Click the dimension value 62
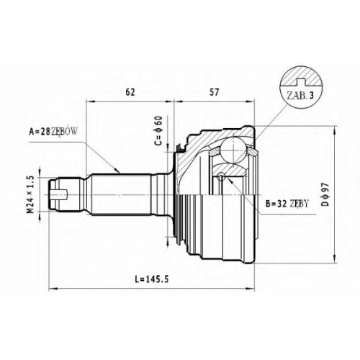pyautogui.click(x=130, y=92)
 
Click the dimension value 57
pyautogui.click(x=215, y=92)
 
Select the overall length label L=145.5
pyautogui.click(x=152, y=279)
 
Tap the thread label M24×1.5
pyautogui.click(x=32, y=194)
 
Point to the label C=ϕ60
pyautogui.click(x=158, y=131)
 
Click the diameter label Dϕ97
pyautogui.click(x=325, y=194)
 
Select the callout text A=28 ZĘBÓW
pyautogui.click(x=53, y=131)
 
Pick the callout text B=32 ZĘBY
pyautogui.click(x=287, y=204)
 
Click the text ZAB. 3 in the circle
pyautogui.click(x=300, y=96)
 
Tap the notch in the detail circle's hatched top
pyautogui.click(x=300, y=81)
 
